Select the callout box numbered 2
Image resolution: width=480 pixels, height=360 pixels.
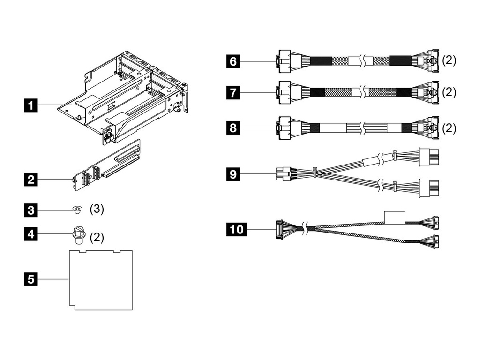pyautogui.click(x=31, y=179)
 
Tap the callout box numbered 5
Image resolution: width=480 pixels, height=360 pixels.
pyautogui.click(x=31, y=279)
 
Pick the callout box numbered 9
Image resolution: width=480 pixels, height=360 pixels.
pyautogui.click(x=233, y=175)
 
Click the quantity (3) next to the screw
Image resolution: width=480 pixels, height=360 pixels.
pyautogui.click(x=97, y=209)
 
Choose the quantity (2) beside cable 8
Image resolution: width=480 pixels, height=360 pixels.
pyautogui.click(x=449, y=127)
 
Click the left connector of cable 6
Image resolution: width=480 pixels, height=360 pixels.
pyautogui.click(x=285, y=61)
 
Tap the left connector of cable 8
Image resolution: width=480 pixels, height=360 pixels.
pyautogui.click(x=285, y=127)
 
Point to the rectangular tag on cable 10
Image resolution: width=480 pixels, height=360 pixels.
pyautogui.click(x=395, y=217)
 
